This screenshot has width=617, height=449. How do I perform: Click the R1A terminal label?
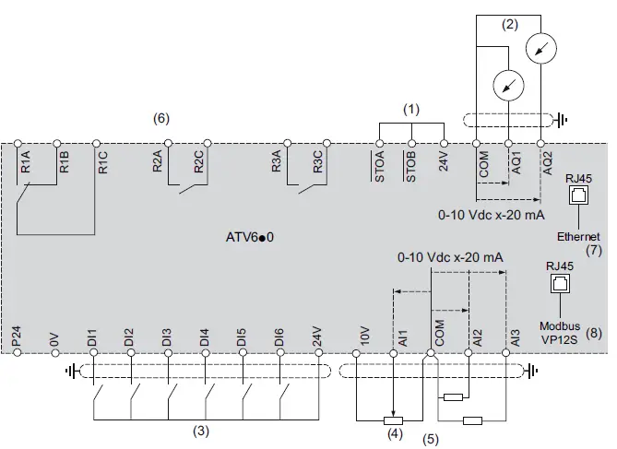tap(26, 165)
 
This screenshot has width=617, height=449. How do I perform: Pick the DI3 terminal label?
tap(167, 336)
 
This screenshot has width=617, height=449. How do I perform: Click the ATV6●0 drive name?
tap(250, 237)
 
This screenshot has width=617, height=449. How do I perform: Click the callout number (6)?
tap(161, 118)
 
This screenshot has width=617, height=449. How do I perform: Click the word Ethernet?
tap(578, 236)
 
